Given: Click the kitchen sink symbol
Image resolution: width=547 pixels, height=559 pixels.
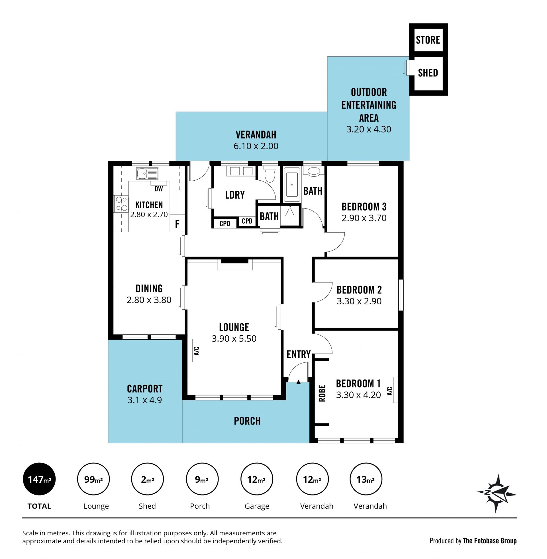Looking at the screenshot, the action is point(147,174).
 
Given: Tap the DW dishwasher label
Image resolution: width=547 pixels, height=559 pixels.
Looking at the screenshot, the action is point(159,189).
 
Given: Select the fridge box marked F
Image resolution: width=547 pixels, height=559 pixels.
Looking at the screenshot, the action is point(177,223).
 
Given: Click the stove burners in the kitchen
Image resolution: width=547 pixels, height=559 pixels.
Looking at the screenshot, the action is point(121,204).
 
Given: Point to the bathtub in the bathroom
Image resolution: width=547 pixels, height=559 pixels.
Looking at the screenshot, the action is point(292,184).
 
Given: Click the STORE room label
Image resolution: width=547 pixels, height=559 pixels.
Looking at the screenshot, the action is point(428,40).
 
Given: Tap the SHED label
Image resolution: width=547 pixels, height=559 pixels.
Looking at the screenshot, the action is point(428,73).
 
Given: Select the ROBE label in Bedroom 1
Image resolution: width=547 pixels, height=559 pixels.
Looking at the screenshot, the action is point(322,393).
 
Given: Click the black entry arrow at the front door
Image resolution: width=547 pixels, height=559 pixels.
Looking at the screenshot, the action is point(299,382).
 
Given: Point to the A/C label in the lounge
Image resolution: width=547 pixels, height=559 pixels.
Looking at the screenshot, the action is point(197,351).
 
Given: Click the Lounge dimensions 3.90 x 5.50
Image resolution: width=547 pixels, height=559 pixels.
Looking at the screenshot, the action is point(234,338).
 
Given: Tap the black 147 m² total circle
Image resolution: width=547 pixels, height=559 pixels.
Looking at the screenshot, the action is point(39,479).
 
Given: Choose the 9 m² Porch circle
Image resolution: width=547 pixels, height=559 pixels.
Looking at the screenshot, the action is point(202,479).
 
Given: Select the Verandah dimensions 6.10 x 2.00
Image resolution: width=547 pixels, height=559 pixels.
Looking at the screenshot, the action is point(256,146).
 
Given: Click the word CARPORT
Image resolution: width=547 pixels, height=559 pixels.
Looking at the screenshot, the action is point(145,389).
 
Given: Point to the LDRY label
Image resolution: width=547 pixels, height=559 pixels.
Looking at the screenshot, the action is point(235,195).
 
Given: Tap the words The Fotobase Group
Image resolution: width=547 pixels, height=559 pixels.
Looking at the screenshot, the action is point(489,540).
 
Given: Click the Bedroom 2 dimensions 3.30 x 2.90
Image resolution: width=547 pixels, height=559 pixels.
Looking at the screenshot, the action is point(359,301).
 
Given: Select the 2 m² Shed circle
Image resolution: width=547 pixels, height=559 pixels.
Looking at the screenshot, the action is point(147,479).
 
